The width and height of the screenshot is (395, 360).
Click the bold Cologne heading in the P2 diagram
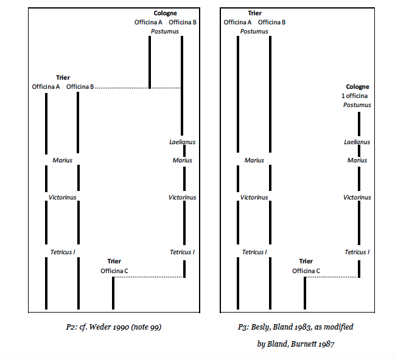pos(166,13)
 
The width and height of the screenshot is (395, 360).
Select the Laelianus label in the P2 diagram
pos(181,142)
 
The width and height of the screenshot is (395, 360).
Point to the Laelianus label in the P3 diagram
pos(357,142)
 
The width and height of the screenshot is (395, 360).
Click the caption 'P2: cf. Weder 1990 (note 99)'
pos(113,327)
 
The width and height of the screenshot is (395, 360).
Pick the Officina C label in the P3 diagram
pos(306,271)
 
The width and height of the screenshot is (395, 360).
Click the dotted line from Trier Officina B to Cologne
pos(122,88)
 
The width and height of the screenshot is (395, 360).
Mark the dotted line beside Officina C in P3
pos(332,277)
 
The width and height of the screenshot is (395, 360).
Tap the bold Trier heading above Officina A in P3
pos(254,13)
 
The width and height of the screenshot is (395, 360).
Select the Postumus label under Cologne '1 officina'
pos(357,105)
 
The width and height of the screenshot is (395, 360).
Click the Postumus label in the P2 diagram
pos(165,31)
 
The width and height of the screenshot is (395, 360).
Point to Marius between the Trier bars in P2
pos(62,161)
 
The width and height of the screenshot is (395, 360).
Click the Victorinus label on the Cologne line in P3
pos(357,197)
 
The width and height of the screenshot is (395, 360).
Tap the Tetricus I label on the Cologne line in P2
pos(182,252)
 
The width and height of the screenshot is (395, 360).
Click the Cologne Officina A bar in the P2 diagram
pos(149,61)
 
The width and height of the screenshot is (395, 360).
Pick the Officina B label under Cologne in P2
pos(183,22)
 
